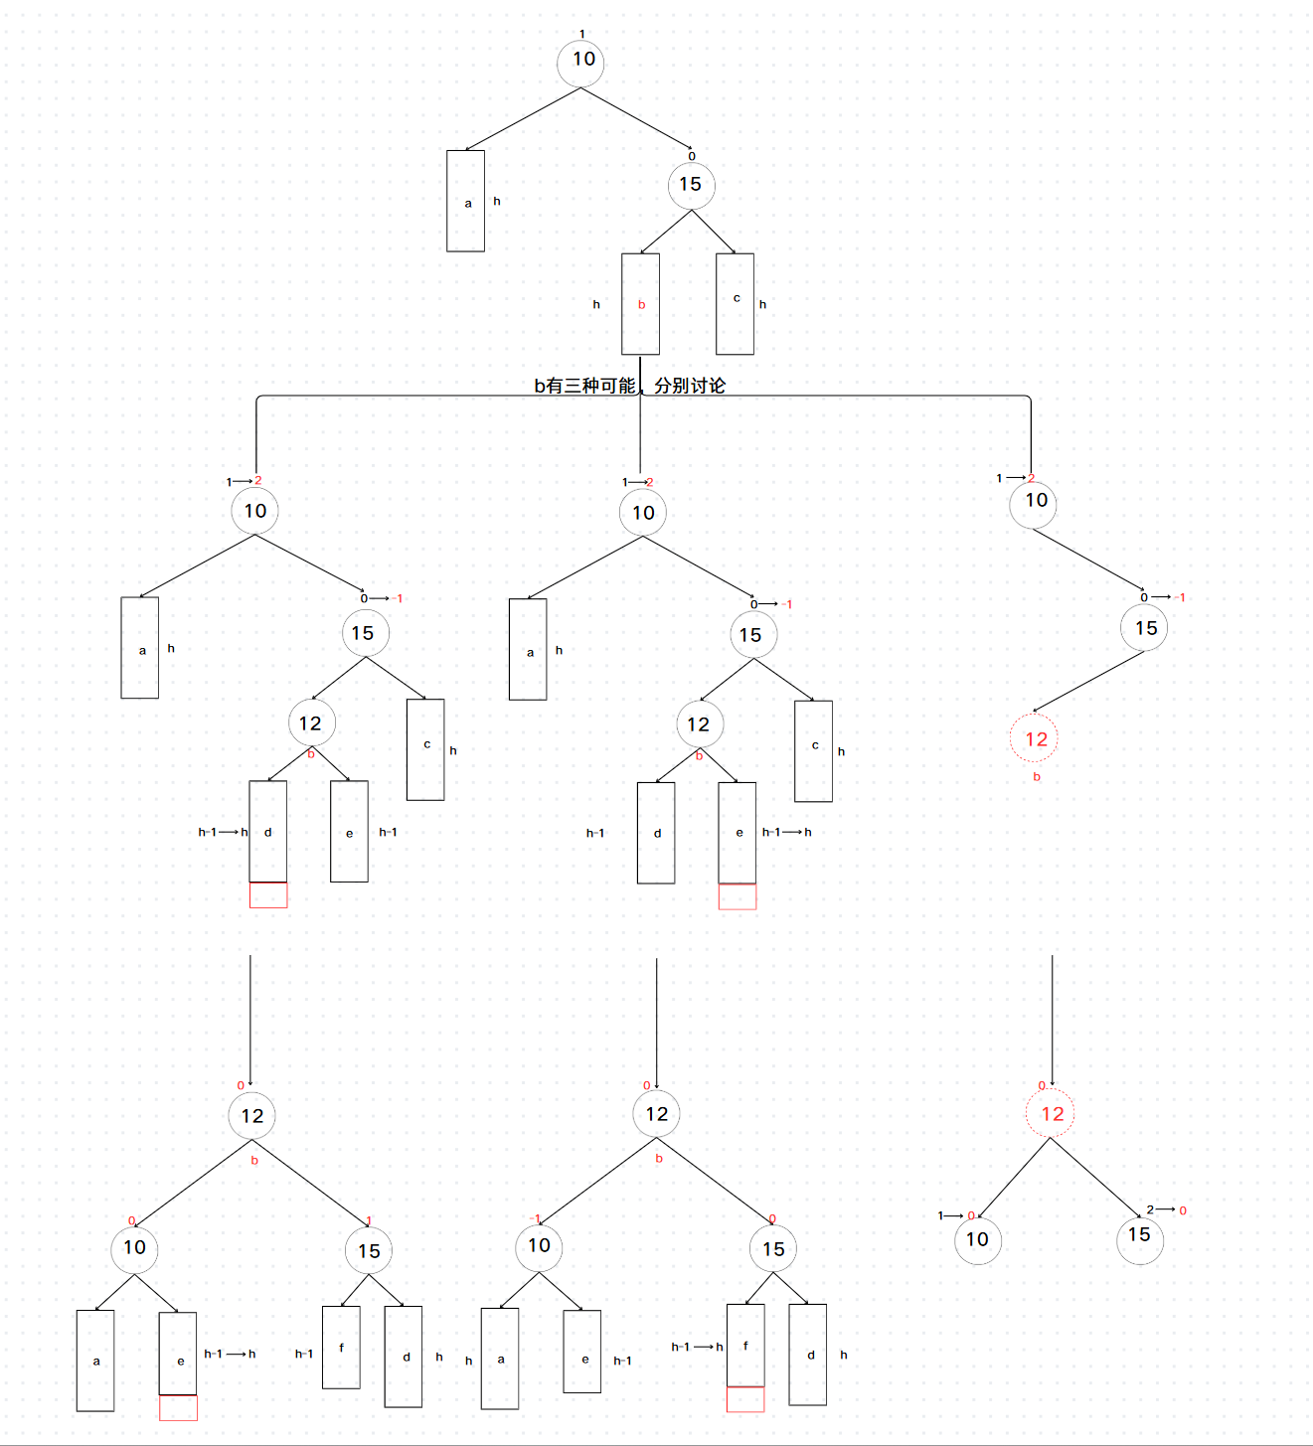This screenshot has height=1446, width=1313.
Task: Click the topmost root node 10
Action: pos(581,62)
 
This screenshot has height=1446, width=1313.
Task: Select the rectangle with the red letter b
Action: pos(640,304)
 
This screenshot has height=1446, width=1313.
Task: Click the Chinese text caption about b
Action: pos(629,386)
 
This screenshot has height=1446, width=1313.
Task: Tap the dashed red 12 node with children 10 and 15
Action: pos(1051,1114)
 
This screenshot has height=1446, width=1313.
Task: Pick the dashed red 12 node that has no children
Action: pos(1035,739)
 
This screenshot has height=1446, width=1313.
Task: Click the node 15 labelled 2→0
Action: pos(1139,1239)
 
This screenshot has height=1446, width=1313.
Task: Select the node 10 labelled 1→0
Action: pos(977,1240)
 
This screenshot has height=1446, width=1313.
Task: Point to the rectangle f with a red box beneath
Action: pos(745,1346)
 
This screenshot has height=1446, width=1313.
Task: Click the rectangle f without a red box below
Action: pos(341,1348)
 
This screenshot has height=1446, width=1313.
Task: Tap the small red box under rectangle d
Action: pos(268,895)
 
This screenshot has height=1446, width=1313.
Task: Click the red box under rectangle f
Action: pos(745,1399)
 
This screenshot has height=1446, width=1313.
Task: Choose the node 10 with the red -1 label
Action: pos(539,1246)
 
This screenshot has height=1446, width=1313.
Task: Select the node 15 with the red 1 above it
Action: pos(369,1251)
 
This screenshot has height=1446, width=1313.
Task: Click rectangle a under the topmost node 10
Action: pos(465,201)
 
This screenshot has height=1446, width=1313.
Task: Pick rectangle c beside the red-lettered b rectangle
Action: pos(735,304)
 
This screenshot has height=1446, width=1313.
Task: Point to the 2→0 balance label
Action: pos(1166,1210)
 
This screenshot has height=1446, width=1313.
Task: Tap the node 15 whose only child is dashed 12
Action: pos(1144,628)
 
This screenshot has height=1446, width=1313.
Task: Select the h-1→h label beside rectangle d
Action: pos(223,832)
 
